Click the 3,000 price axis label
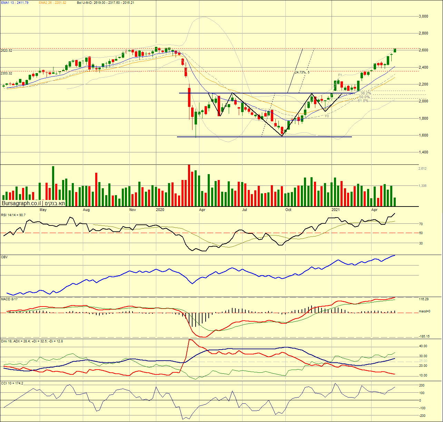click(423, 16)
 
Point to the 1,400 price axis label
click(423, 152)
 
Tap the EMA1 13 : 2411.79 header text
click(14, 3)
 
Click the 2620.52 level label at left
click(7, 51)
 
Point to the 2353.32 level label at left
click(7, 73)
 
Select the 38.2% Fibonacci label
click(366, 93)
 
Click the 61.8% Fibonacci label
click(363, 101)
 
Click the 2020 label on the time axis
click(160, 210)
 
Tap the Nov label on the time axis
click(132, 210)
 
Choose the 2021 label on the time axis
click(335, 210)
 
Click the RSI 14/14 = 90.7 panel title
click(13, 215)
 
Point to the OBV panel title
click(4, 257)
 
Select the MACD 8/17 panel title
click(9, 299)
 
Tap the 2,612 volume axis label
click(423, 169)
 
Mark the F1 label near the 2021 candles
click(340, 75)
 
